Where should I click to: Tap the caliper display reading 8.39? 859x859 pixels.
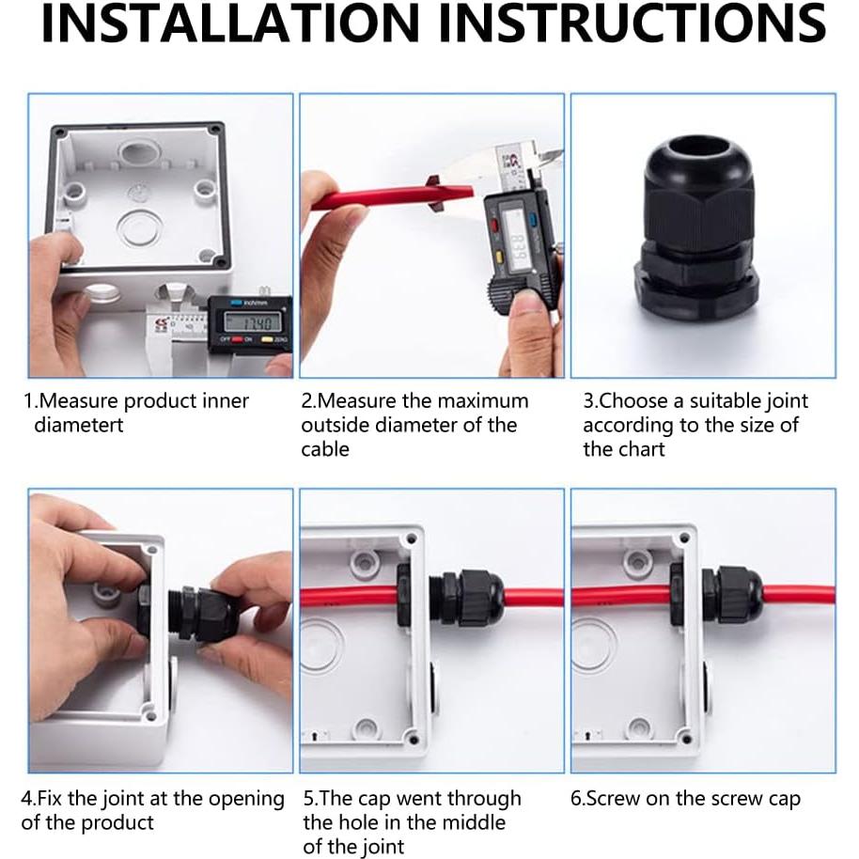(x=517, y=243)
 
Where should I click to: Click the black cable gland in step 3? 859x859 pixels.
(x=695, y=233)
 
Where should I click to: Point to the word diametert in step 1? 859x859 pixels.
(x=79, y=425)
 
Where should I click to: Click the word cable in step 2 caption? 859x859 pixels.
(x=325, y=449)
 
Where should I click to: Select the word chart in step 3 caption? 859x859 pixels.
(x=638, y=449)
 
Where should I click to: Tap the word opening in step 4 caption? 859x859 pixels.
(x=246, y=800)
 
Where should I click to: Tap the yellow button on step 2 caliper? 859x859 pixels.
(x=499, y=257)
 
